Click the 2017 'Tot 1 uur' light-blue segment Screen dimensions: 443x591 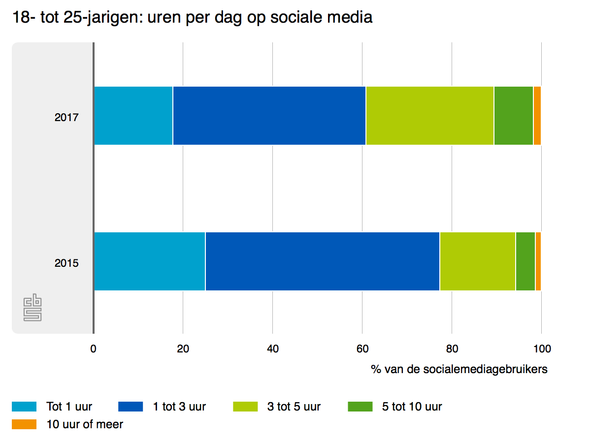pyautogui.click(x=133, y=116)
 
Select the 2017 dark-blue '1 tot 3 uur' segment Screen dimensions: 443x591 pyautogui.click(x=269, y=116)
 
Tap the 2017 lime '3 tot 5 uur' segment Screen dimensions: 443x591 pyautogui.click(x=429, y=116)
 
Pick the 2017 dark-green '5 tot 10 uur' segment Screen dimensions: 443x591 pyautogui.click(x=513, y=116)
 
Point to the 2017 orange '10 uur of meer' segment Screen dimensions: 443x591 pyautogui.click(x=537, y=116)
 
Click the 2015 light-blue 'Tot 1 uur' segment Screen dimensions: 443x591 pyautogui.click(x=149, y=261)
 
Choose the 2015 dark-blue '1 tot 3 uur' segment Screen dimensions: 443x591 pyautogui.click(x=322, y=261)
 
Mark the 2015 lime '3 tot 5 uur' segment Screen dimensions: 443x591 pyautogui.click(x=477, y=261)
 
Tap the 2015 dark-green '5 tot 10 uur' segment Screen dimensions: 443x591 pyautogui.click(x=525, y=261)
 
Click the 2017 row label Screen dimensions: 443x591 pyautogui.click(x=66, y=118)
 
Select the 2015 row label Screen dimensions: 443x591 pyautogui.click(x=66, y=263)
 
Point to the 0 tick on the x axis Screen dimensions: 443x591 pyautogui.click(x=94, y=349)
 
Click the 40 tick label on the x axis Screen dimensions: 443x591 pyautogui.click(x=273, y=349)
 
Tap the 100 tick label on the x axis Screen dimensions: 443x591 pyautogui.click(x=541, y=349)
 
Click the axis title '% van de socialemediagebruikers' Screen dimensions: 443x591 pyautogui.click(x=459, y=369)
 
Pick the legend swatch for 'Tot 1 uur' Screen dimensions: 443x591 pyautogui.click(x=24, y=407)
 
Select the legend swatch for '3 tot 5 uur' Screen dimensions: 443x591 pyautogui.click(x=245, y=407)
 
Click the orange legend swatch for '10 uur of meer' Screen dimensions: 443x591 pyautogui.click(x=24, y=424)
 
